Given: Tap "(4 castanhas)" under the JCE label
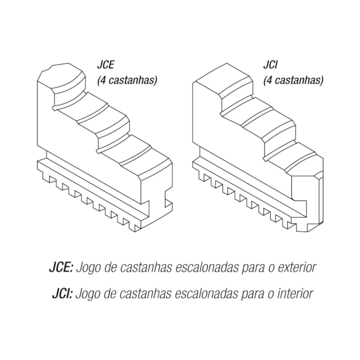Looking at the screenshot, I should [127, 80].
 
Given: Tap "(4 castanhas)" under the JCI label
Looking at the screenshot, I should [292, 80].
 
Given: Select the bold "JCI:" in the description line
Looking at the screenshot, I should [59, 293].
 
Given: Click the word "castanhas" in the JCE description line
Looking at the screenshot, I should [148, 268].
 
